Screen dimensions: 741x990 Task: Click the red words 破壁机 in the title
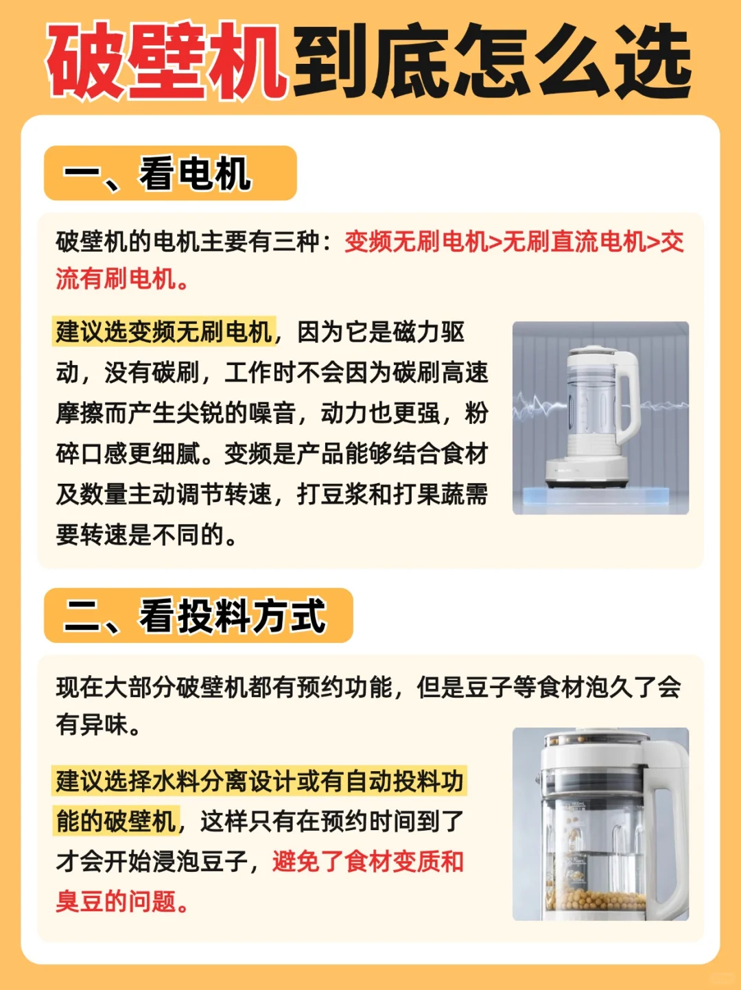167,61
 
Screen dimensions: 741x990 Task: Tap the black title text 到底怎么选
492,61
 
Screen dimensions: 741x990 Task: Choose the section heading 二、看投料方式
194,616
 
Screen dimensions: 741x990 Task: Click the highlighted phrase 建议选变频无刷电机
164,333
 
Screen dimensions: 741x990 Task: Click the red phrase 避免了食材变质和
368,862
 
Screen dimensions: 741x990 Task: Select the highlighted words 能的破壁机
117,821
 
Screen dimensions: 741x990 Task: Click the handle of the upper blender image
628,397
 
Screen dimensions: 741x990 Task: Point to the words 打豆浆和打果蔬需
392,495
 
